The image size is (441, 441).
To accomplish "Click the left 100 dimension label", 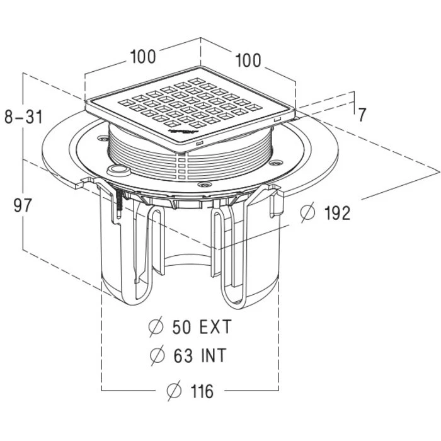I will [143, 57].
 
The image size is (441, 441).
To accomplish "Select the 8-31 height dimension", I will [23, 117].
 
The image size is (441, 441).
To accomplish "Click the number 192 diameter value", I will [335, 213].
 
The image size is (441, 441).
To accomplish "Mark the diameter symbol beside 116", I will [173, 391].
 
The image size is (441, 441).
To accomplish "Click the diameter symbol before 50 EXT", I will [155, 327].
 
